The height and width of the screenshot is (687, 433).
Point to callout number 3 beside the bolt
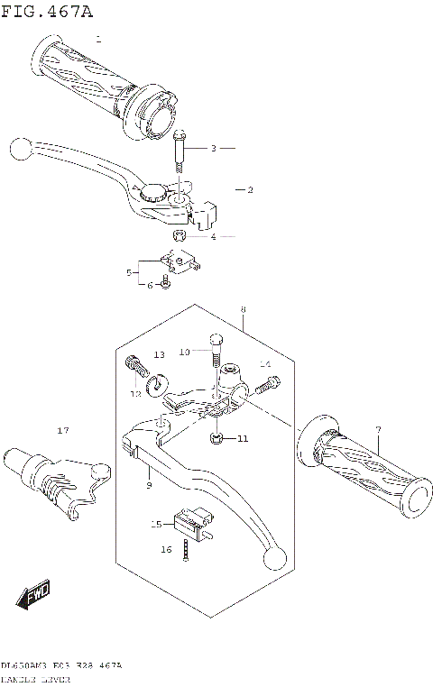point(214,148)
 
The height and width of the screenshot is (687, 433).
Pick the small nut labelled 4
point(179,235)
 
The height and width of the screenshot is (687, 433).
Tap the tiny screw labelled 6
point(166,286)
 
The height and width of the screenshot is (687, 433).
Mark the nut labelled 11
point(216,438)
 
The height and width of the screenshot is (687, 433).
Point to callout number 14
point(265,364)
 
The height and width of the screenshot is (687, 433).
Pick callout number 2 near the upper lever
point(250,190)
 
